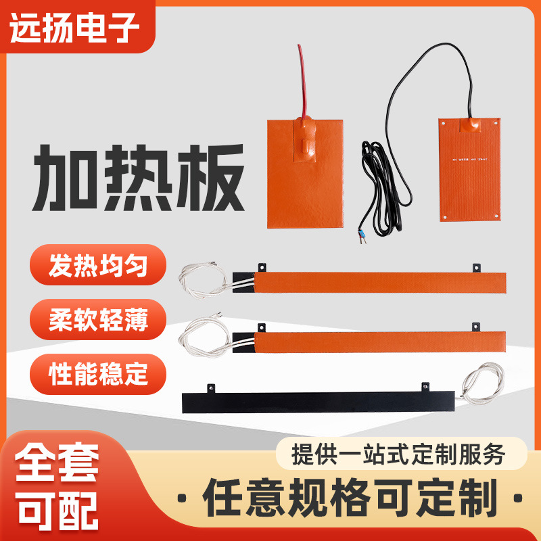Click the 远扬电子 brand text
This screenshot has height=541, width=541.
75,28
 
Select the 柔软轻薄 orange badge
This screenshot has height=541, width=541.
99,318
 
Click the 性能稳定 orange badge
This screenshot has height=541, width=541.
99,371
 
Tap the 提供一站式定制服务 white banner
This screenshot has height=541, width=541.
399,453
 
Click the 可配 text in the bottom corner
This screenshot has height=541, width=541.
58,509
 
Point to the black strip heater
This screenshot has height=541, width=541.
318,402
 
